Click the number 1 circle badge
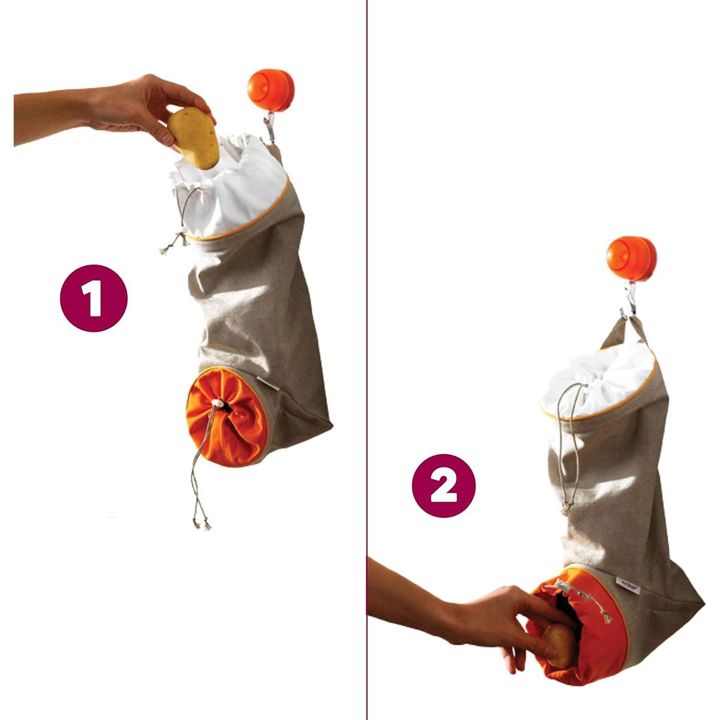[x=94, y=298]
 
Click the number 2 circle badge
[x=443, y=486]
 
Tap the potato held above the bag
[x=193, y=137]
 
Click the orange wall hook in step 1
[x=271, y=89]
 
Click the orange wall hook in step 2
[x=631, y=259]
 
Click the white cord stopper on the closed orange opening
[x=218, y=403]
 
